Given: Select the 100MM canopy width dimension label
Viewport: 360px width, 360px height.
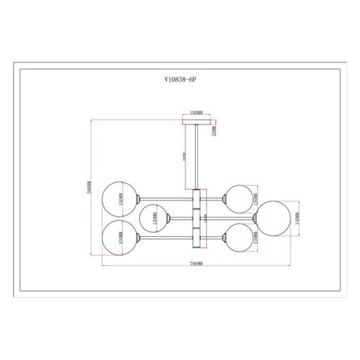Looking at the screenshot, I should click(194, 114).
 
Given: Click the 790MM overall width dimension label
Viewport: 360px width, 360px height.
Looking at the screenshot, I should click(195, 265).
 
